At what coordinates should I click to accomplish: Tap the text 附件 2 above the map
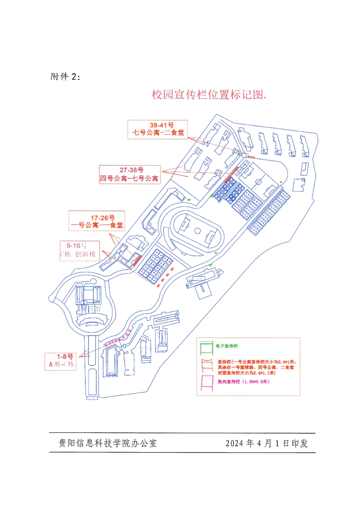tap(65, 77)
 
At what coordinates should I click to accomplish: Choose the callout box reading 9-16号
tap(80, 249)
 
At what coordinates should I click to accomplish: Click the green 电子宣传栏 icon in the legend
tap(207, 348)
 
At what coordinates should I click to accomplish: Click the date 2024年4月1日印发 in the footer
tap(266, 443)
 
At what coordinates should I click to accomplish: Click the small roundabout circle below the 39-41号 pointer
tap(244, 156)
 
